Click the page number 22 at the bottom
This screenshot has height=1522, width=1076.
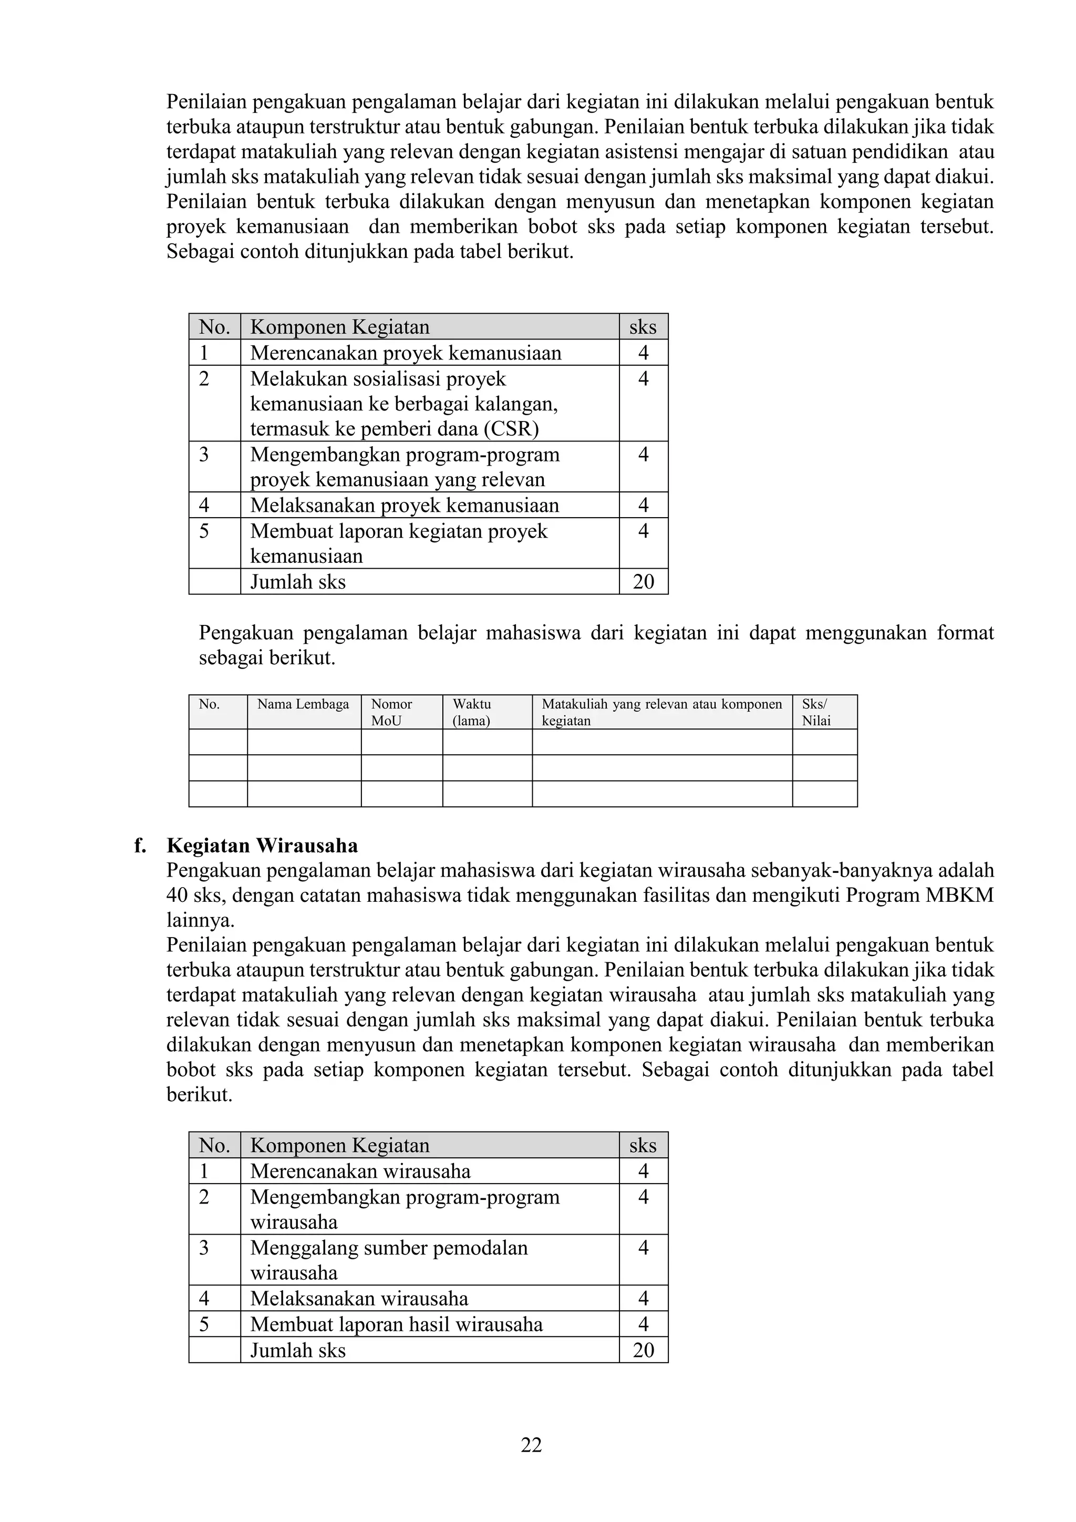point(531,1445)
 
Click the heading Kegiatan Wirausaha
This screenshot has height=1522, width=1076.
point(262,846)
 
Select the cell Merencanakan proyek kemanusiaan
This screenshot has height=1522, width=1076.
point(406,353)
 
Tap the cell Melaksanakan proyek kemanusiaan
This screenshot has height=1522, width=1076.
point(404,505)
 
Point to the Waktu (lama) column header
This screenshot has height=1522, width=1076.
point(472,712)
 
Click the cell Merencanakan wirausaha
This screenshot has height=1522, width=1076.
point(360,1171)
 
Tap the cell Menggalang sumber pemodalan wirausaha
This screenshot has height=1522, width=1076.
point(389,1260)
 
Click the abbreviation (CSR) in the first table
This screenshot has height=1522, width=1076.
point(511,429)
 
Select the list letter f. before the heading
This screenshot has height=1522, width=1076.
point(140,846)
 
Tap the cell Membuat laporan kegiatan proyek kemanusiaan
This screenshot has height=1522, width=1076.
point(399,543)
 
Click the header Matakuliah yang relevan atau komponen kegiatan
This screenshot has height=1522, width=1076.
point(661,712)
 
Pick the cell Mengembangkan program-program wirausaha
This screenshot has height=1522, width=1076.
point(405,1209)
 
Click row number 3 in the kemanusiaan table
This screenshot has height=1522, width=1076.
point(204,455)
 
